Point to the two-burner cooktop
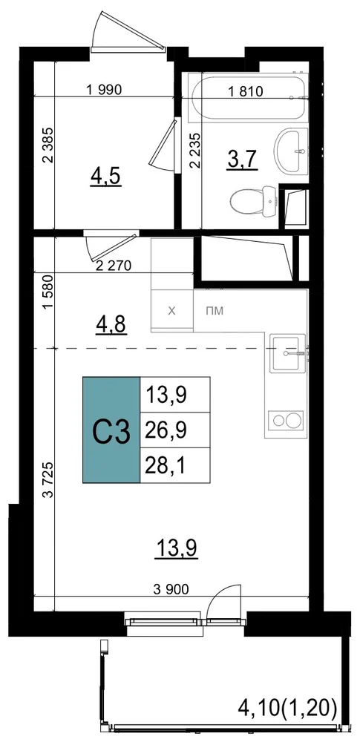click(285, 421)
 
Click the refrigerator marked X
click(172, 311)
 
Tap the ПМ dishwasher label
click(215, 312)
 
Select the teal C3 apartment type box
click(111, 430)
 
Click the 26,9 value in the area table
click(166, 430)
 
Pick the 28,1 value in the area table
click(166, 465)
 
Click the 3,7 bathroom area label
click(241, 160)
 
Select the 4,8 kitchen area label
click(111, 325)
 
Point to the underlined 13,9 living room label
click(176, 549)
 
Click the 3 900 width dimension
click(171, 589)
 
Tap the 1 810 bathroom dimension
click(246, 91)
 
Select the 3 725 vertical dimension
click(47, 480)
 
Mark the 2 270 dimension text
click(114, 266)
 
